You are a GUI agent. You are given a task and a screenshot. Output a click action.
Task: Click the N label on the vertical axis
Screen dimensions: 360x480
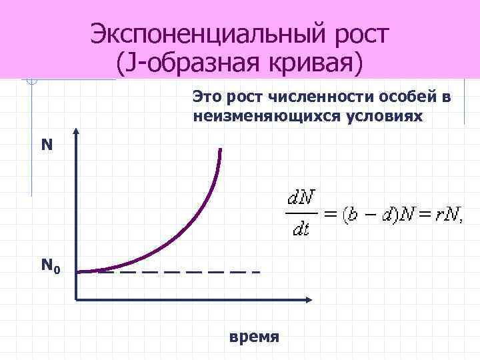pyautogui.click(x=47, y=145)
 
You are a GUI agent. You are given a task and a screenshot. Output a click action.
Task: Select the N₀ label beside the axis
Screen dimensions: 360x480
pyautogui.click(x=51, y=267)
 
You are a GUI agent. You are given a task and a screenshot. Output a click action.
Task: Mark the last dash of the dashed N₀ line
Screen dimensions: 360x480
pyautogui.click(x=256, y=272)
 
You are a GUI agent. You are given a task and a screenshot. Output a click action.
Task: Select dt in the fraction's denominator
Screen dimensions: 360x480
pyautogui.click(x=301, y=230)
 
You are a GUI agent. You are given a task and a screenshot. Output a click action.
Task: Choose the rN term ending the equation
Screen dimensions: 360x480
pyautogui.click(x=446, y=215)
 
